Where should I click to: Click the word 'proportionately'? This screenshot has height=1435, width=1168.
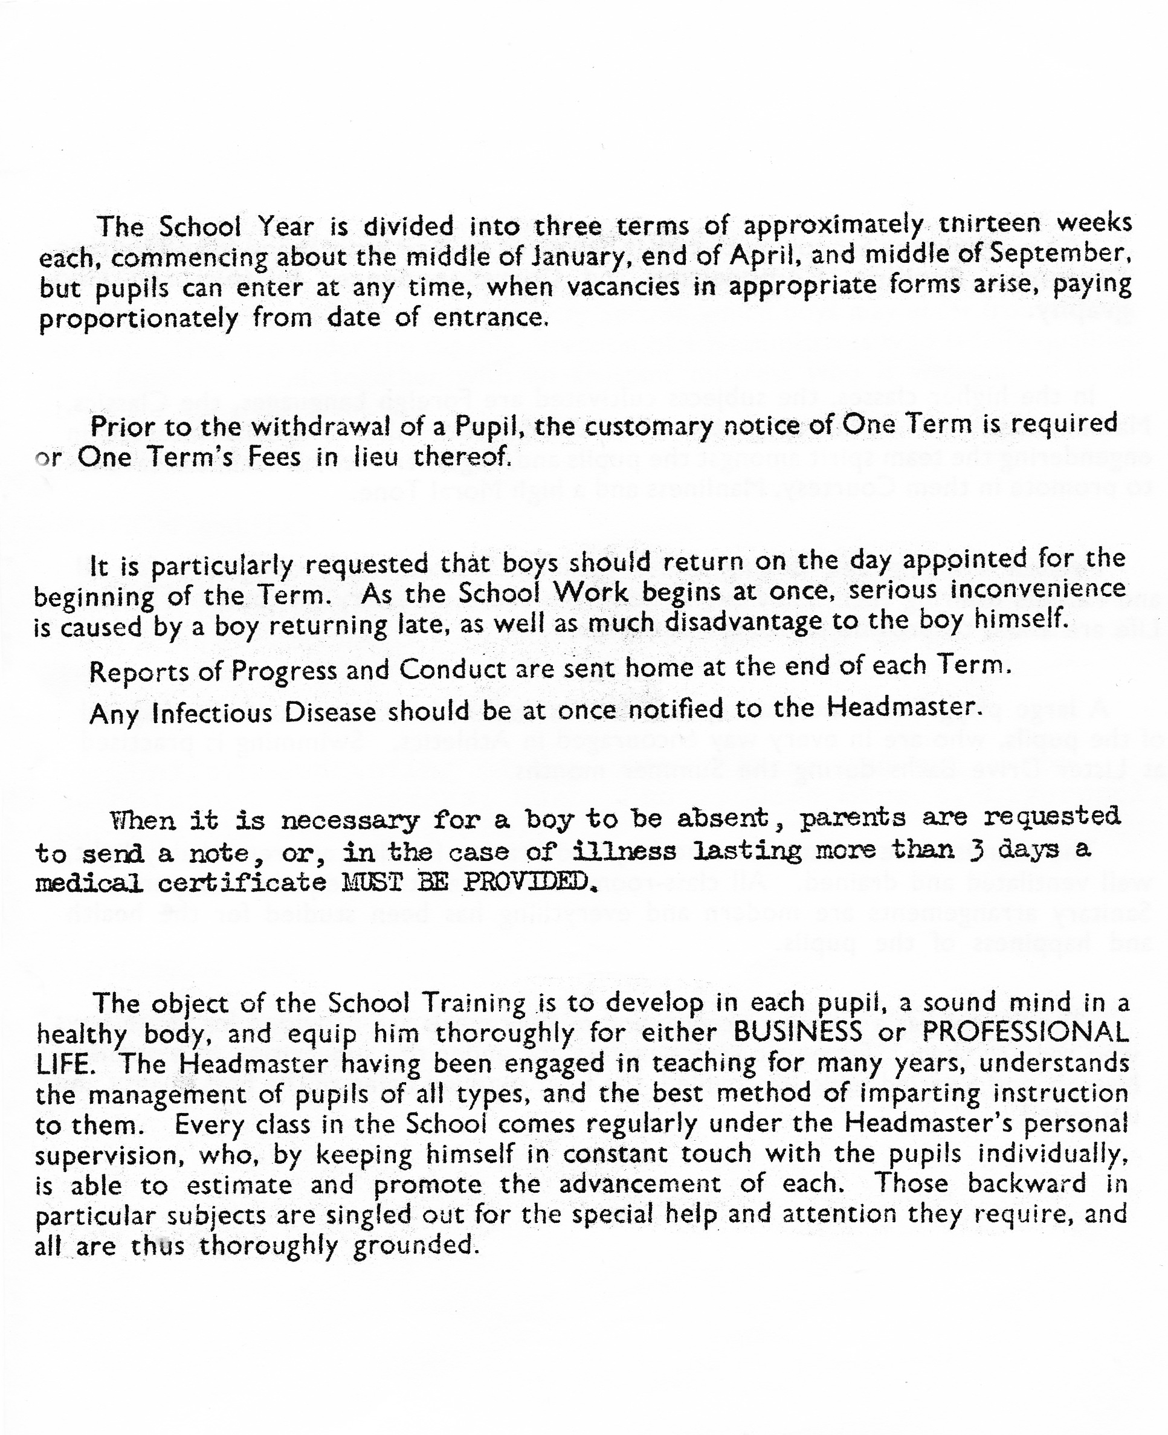tap(138, 320)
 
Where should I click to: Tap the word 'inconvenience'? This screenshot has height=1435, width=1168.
tap(1037, 589)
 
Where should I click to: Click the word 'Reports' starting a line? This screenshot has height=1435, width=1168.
tap(138, 671)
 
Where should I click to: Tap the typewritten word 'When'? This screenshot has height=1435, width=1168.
tap(143, 820)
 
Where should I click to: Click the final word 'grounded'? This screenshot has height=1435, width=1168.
tap(415, 1245)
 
